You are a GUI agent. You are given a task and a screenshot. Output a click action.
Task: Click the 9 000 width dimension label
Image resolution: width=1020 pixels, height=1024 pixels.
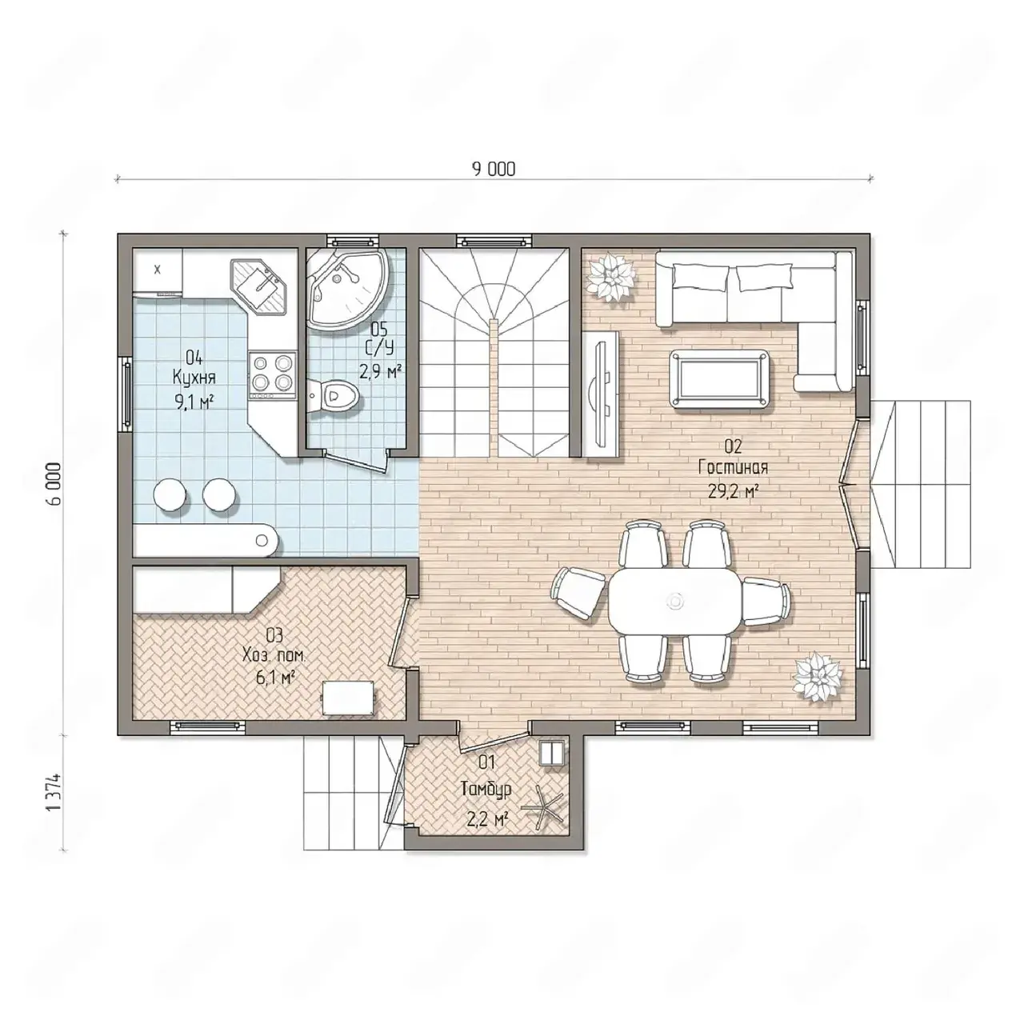pos(494,169)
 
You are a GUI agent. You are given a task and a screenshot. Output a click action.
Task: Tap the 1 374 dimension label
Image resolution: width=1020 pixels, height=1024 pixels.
pos(55,793)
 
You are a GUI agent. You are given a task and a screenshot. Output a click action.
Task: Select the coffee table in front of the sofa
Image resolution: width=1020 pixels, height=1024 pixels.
pos(718,380)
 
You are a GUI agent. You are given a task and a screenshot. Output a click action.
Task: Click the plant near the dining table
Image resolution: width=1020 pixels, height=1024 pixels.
pos(818,678)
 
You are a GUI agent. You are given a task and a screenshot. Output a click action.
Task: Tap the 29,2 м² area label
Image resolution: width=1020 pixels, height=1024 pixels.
pos(733,491)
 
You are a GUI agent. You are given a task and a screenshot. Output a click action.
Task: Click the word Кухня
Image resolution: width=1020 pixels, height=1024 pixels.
pos(194,378)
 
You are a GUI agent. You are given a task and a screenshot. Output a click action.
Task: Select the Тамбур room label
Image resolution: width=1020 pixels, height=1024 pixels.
pos(486,789)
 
